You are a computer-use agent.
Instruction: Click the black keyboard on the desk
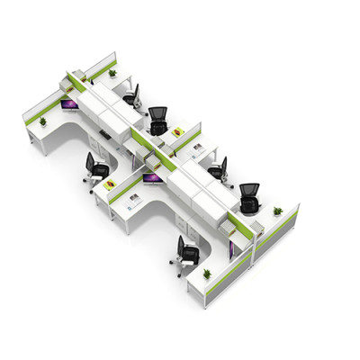pos(105,134)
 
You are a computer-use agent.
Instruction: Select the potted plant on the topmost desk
pos(112,72)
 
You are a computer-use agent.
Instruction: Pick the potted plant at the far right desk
pos(278,211)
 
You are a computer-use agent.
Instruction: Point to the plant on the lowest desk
pos(207,274)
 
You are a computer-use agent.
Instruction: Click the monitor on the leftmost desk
pos(69,105)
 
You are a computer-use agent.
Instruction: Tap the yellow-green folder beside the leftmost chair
pos(110,184)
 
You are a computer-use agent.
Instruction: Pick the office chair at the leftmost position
pos(94,167)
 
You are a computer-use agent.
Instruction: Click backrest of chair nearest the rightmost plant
pos(249,193)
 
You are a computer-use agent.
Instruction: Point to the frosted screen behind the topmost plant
pos(101,64)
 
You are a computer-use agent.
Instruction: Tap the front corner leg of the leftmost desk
pos(43,149)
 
